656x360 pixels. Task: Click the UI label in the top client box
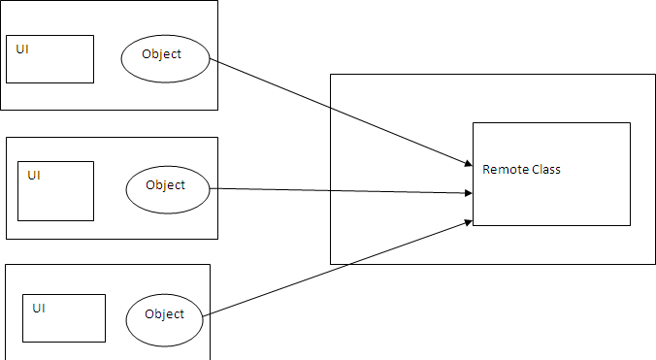[x=22, y=49]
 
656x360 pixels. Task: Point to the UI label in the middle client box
[x=34, y=176]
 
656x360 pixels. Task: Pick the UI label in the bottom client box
[x=39, y=308]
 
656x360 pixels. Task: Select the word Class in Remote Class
[x=543, y=170]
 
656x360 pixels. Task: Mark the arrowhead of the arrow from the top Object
[x=468, y=163]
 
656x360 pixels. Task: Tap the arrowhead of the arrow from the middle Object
[x=468, y=194]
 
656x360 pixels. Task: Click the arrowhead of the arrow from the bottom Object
[x=468, y=223]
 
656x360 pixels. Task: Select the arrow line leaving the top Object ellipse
[x=340, y=113]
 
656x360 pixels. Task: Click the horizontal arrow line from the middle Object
[x=340, y=191]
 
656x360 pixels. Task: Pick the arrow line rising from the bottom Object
[x=340, y=268]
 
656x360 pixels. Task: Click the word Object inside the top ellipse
[x=161, y=54]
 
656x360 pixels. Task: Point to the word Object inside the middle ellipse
[x=165, y=184]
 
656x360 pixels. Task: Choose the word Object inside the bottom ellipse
[x=164, y=313]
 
